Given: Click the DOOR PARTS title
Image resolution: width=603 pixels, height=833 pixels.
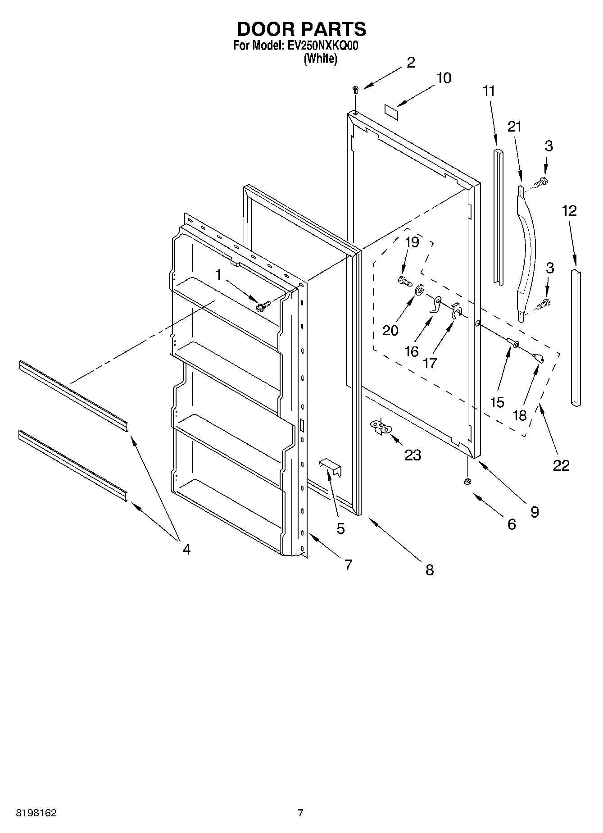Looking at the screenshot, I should [301, 29].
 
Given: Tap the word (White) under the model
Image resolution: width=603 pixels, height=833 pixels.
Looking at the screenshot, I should [320, 58].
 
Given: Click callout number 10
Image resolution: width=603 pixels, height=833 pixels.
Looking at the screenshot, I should [444, 78].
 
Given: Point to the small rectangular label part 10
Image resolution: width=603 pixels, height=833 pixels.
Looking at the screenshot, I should [391, 111].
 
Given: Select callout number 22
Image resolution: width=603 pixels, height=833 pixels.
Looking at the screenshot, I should [561, 465].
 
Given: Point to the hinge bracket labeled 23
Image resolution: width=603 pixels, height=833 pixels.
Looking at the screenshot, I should [380, 427].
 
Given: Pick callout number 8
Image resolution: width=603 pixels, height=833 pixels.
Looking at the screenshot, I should [429, 570].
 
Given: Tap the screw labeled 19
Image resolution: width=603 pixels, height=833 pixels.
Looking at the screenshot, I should [405, 282].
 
